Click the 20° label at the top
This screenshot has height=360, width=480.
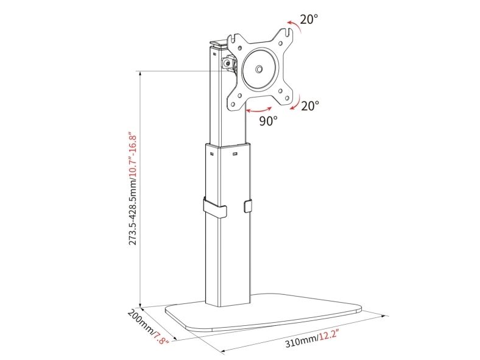point(309,19)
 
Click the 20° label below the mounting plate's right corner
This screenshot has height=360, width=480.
point(310,106)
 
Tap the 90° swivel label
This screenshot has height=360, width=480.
point(269,121)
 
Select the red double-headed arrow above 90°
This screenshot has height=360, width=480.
point(259,110)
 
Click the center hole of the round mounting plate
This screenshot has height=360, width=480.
point(259,69)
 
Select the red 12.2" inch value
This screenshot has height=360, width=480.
point(328,336)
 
